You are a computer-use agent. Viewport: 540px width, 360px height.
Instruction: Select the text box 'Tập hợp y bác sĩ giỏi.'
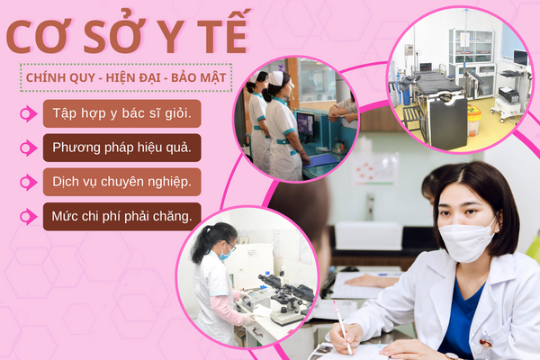[121, 113]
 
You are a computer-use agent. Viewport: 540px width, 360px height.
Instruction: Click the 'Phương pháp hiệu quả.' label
[121, 148]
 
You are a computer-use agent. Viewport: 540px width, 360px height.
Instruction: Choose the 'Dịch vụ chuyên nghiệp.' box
[121, 182]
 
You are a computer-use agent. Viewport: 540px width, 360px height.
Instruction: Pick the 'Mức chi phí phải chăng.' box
[121, 216]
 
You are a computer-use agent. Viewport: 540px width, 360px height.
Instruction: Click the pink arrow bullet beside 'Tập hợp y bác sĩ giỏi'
[28, 113]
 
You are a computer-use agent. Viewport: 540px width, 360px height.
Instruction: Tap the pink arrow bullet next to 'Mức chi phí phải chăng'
[28, 217]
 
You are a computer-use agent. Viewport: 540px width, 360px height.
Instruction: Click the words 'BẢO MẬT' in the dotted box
[198, 78]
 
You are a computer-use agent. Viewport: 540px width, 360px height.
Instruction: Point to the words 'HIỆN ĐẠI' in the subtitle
[133, 78]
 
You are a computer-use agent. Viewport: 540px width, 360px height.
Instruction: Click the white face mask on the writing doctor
[466, 240]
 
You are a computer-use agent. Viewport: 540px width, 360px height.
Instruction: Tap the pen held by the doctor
[342, 328]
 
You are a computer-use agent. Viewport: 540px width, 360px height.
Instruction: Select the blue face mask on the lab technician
[226, 254]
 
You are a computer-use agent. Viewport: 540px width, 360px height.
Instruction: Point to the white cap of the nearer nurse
[276, 78]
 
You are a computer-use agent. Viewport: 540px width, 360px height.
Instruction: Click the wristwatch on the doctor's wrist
[452, 356]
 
